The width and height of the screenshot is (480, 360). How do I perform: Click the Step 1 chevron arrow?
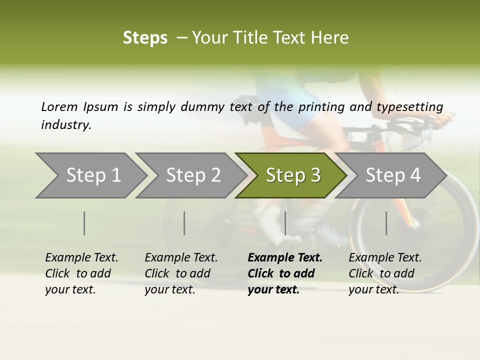(90, 175)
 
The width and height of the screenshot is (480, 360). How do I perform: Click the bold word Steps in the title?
(145, 38)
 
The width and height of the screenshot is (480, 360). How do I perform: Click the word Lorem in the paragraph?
(59, 107)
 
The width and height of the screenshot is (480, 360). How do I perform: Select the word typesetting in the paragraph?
(409, 107)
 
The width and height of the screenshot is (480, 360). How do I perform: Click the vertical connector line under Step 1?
(84, 223)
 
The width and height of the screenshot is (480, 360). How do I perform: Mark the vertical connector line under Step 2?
(184, 223)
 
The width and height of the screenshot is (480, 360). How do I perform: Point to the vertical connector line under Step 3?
(285, 223)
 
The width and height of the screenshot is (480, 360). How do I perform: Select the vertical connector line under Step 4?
(386, 223)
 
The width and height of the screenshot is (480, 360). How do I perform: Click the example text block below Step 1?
(81, 273)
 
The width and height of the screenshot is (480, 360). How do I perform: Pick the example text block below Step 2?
(181, 273)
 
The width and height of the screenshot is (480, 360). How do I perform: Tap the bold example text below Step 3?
(284, 273)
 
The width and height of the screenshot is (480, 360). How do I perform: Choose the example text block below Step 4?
(385, 273)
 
